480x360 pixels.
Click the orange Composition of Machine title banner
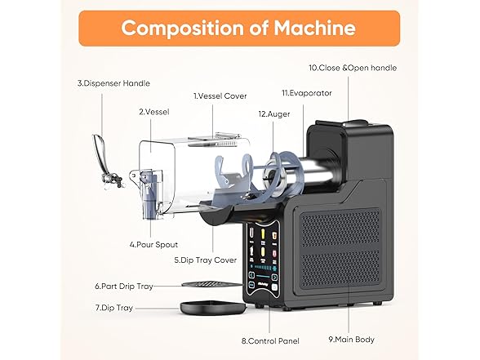pyautogui.click(x=239, y=29)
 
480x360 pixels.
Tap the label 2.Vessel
pyautogui.click(x=153, y=112)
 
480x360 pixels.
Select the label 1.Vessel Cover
pyautogui.click(x=220, y=96)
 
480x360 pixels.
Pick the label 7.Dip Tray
pyautogui.click(x=113, y=308)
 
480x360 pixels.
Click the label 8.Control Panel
pyautogui.click(x=271, y=340)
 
